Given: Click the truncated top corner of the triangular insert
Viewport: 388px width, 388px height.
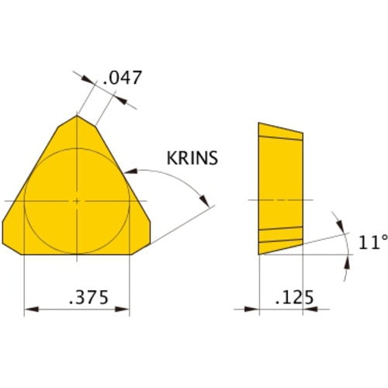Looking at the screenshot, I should (78, 119).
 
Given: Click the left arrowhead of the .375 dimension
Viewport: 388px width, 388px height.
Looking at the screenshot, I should (30, 310).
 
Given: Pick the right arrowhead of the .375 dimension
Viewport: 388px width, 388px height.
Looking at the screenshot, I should (125, 310).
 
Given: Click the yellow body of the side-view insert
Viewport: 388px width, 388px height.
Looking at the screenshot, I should (279, 186).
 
